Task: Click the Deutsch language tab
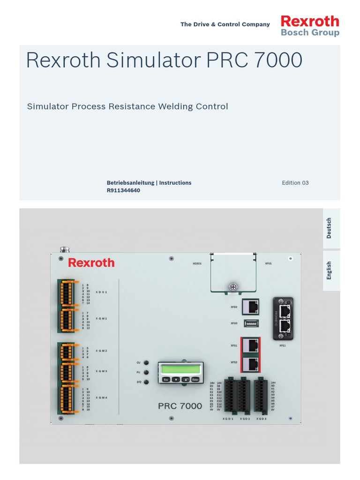(x=330, y=228)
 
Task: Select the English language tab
(x=330, y=270)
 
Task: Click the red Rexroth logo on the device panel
(x=91, y=262)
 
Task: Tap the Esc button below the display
(x=165, y=380)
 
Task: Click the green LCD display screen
(x=180, y=369)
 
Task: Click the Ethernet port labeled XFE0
(x=252, y=307)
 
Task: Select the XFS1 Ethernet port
(x=252, y=346)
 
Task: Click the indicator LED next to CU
(x=147, y=363)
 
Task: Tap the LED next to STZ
(x=147, y=382)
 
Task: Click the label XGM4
(x=102, y=397)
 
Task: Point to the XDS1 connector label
(x=102, y=292)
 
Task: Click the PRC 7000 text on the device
(x=180, y=405)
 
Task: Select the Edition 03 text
(x=295, y=183)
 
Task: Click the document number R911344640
(x=124, y=190)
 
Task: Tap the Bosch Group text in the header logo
(x=310, y=33)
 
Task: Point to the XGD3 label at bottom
(x=262, y=418)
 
